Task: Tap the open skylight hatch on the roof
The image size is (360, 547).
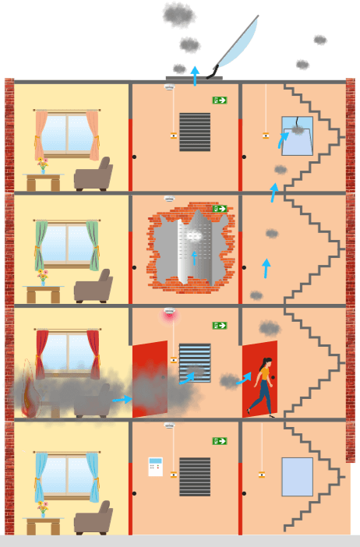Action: point(234,45)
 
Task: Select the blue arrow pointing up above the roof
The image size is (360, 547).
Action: point(195,75)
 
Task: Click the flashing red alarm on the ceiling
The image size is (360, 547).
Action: point(169,314)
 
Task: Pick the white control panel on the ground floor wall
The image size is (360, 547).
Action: point(155,467)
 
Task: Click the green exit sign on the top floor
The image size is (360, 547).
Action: point(219,101)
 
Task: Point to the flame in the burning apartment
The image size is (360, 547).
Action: point(30,390)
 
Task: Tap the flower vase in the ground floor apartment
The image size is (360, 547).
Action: point(43,510)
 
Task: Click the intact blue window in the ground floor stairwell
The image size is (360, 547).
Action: point(297,477)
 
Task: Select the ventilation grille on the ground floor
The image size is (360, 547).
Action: point(195,476)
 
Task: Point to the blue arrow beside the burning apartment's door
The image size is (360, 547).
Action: point(122,400)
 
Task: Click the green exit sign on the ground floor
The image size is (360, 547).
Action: point(219,441)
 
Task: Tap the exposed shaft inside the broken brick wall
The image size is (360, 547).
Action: point(193,249)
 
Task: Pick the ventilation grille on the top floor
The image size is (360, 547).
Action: point(195,132)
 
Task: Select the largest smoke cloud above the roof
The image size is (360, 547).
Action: point(179,14)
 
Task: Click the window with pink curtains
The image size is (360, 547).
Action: point(66,134)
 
